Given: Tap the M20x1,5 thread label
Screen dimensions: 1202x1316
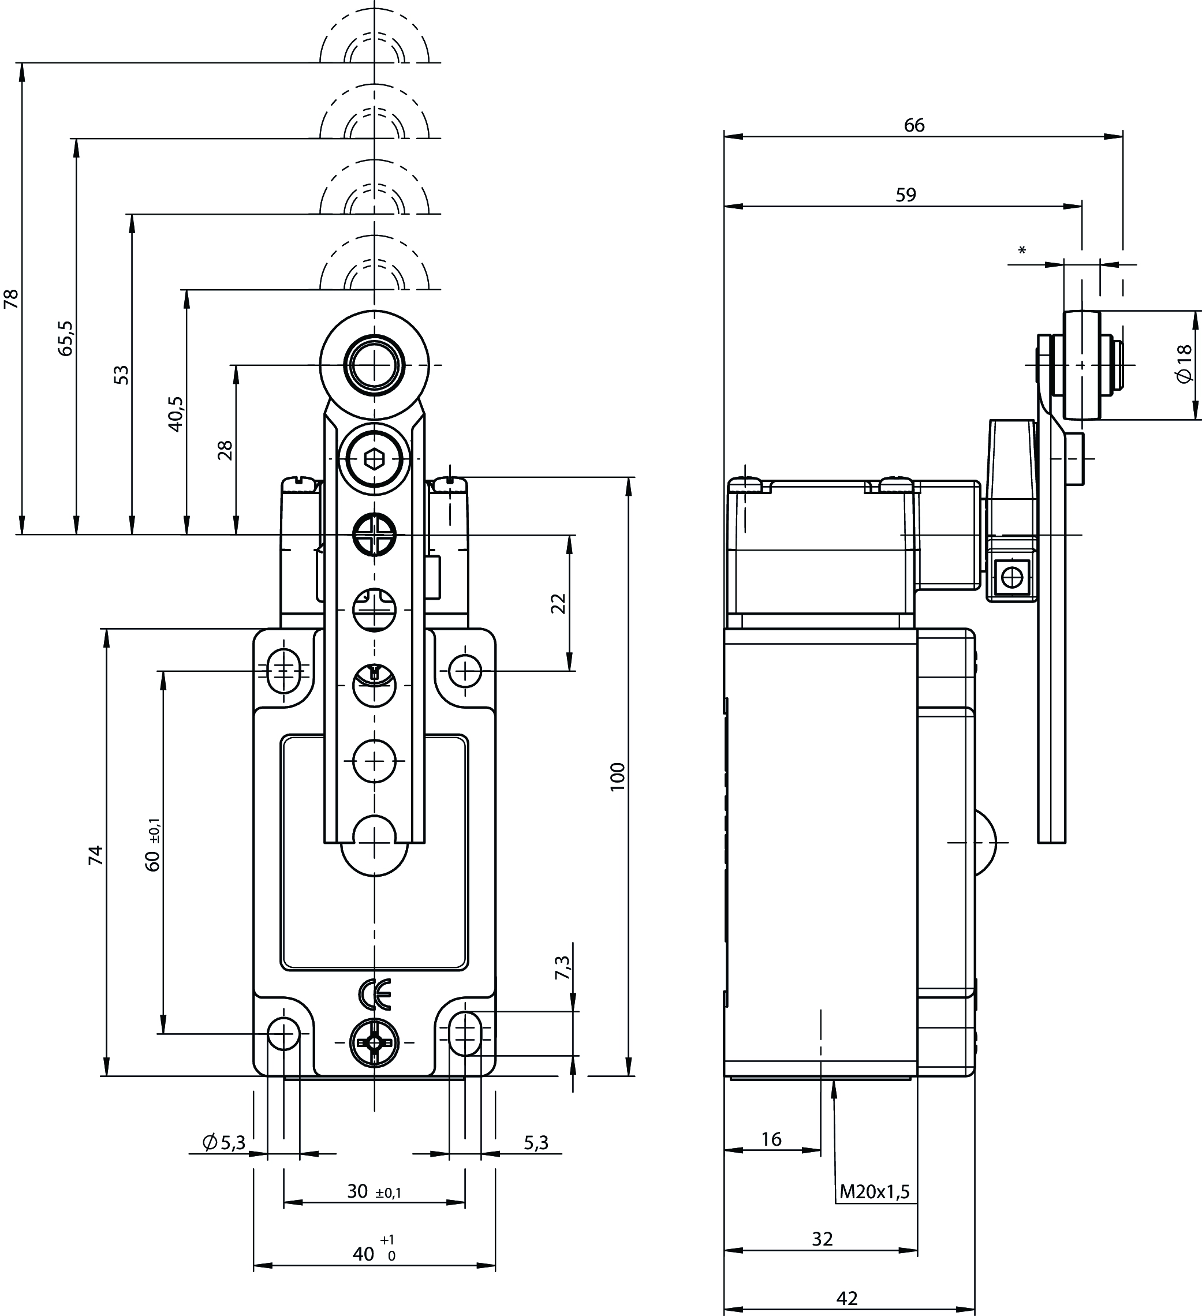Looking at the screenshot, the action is click(874, 1192).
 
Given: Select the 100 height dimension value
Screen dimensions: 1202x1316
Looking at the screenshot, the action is click(618, 777).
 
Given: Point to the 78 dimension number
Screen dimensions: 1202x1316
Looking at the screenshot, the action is click(11, 298).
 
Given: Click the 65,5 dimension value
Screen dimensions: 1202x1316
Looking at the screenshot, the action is click(66, 338).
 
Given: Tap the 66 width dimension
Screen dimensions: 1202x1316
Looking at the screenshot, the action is click(914, 125).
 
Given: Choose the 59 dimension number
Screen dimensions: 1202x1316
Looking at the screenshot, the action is click(906, 195).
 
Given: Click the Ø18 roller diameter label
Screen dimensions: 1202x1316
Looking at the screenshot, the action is click(1184, 364).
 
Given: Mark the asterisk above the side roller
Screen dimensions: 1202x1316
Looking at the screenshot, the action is click(1022, 251).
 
